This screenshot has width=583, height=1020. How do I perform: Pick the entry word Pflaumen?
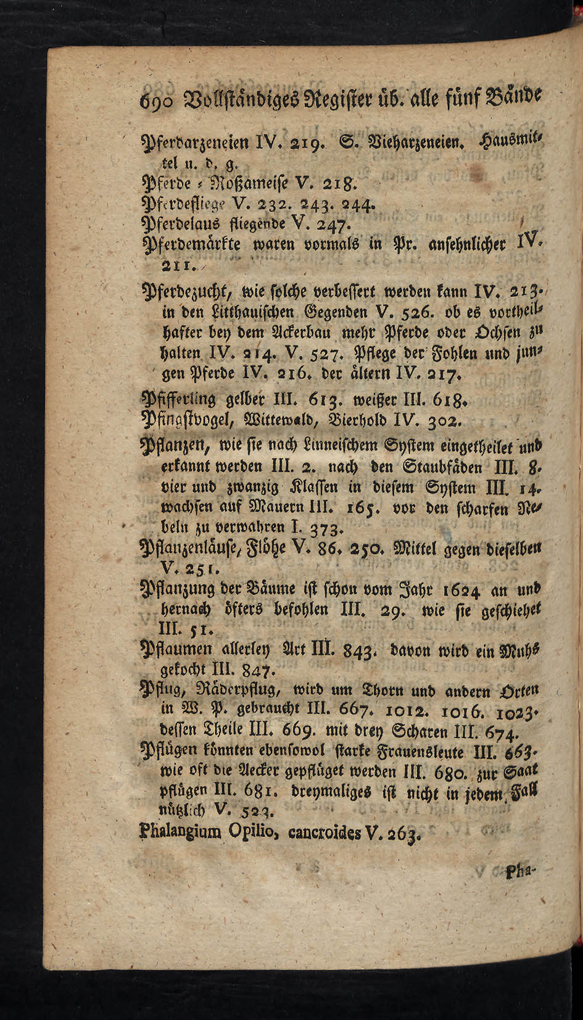[x=176, y=649]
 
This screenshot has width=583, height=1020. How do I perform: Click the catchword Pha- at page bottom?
[x=521, y=873]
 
